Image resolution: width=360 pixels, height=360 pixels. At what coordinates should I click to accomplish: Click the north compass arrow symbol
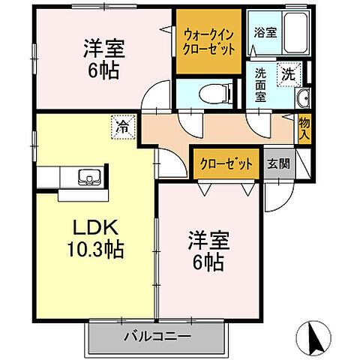[x=319, y=334]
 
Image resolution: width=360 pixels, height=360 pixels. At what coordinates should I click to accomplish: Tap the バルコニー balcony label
[x=157, y=337]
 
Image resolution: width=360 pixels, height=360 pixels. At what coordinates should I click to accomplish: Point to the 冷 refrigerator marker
[x=122, y=126]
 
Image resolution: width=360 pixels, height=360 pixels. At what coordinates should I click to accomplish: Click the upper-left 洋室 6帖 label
[x=103, y=58]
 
